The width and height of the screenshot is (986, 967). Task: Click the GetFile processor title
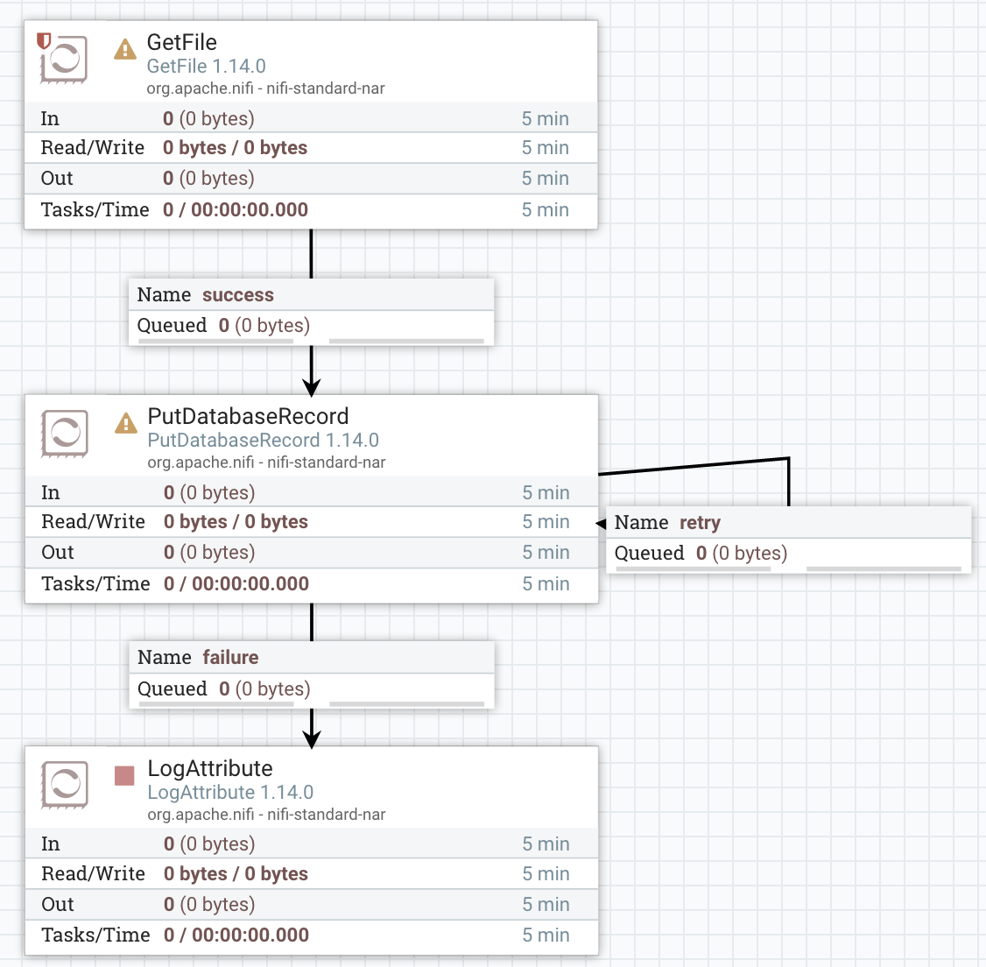[181, 42]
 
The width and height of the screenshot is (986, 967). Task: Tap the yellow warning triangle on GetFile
[125, 49]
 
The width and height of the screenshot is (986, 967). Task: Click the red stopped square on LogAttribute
[124, 775]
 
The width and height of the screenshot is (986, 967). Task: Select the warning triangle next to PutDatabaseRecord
[126, 423]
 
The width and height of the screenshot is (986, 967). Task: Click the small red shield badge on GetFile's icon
[44, 40]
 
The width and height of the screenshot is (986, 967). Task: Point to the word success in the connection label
[237, 295]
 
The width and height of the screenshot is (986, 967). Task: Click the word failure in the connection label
[230, 658]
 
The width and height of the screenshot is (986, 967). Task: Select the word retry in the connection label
[700, 523]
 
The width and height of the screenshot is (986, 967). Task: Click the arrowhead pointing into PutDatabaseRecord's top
[311, 386]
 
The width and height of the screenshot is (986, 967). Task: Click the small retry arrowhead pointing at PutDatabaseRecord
[601, 524]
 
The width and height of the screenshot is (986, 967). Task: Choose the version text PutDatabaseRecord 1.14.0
[263, 441]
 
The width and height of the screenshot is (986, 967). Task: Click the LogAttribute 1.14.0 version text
[230, 793]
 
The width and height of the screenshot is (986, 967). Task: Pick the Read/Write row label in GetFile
[92, 148]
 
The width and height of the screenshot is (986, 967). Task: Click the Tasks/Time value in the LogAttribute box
[236, 935]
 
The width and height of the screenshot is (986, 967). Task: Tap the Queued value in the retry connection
[741, 554]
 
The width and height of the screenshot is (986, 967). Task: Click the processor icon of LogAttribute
[65, 784]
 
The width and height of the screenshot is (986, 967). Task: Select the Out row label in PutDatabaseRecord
[58, 553]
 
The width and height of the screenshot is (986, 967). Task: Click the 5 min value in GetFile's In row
[545, 119]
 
